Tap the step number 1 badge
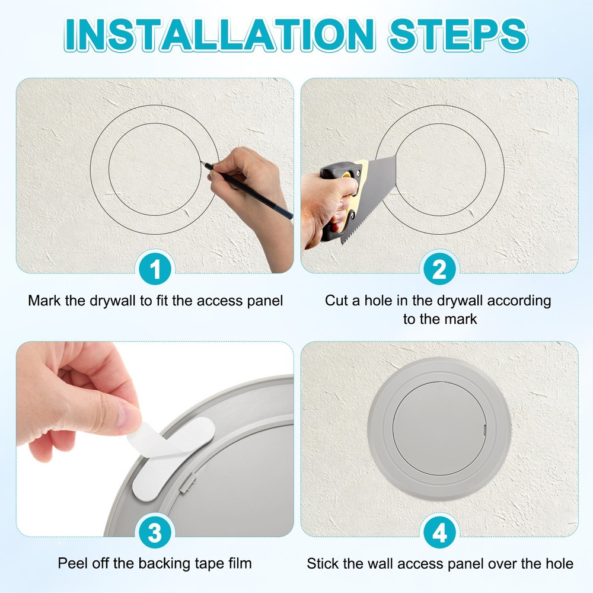click(x=155, y=271)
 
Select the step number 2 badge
click(x=439, y=271)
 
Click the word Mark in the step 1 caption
click(x=44, y=301)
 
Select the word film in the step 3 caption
click(x=238, y=563)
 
